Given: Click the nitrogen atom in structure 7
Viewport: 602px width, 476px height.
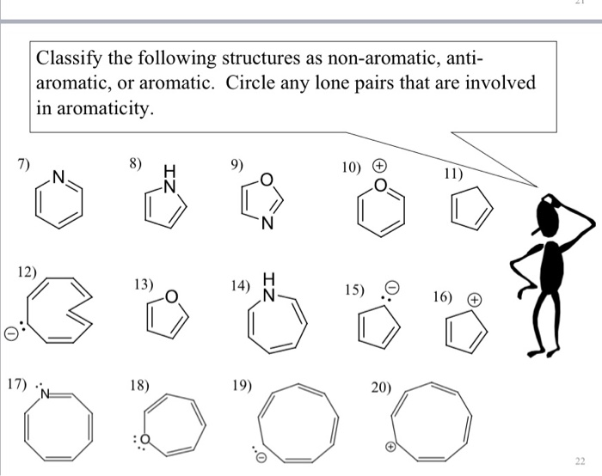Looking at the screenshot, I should point(58,178).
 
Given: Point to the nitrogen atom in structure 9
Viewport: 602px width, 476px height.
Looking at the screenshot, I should point(268,226).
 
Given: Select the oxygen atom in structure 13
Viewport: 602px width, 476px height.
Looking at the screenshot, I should point(171,297).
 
